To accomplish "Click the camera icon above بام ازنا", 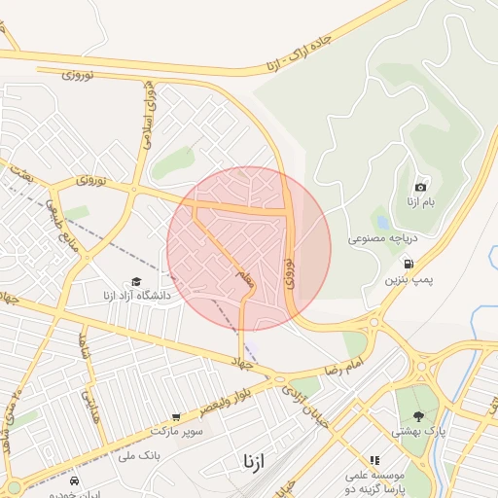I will pos(421,187).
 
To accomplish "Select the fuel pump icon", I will pos(408,263).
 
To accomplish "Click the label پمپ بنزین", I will pos(406,279).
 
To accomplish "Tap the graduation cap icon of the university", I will pos(135,281).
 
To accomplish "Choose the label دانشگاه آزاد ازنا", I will pos(136,295).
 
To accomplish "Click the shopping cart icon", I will pos(176,417).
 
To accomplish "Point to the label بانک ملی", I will pos(137,454).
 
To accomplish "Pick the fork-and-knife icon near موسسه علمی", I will pos(373,461).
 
